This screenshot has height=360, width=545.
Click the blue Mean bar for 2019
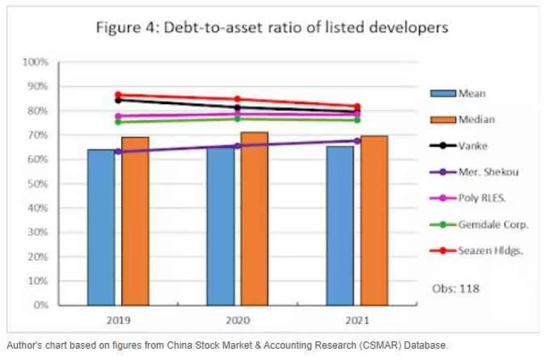coord(101,227)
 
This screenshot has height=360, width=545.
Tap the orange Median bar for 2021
coord(374,221)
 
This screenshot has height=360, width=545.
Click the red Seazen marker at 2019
coord(119,95)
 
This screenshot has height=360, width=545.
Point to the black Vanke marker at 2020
coord(237,108)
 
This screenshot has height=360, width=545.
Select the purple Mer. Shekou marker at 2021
coord(357,140)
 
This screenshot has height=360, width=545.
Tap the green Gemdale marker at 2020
coord(237,119)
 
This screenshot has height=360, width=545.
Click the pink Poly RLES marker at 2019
coord(119,116)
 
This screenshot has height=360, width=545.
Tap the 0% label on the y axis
coord(40,305)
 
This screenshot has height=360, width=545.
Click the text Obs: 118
coord(455,289)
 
